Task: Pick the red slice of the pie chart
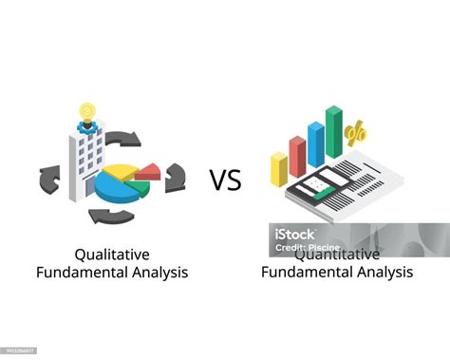coord(147,171)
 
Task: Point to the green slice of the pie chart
coord(139,186)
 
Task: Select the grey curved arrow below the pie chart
coord(112,217)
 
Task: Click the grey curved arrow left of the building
coord(49,178)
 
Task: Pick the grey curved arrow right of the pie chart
coord(175,178)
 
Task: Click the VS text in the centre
coord(226,180)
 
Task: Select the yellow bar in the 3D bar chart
coord(278,169)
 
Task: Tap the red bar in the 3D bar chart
coord(297,156)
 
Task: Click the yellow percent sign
coord(357,134)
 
